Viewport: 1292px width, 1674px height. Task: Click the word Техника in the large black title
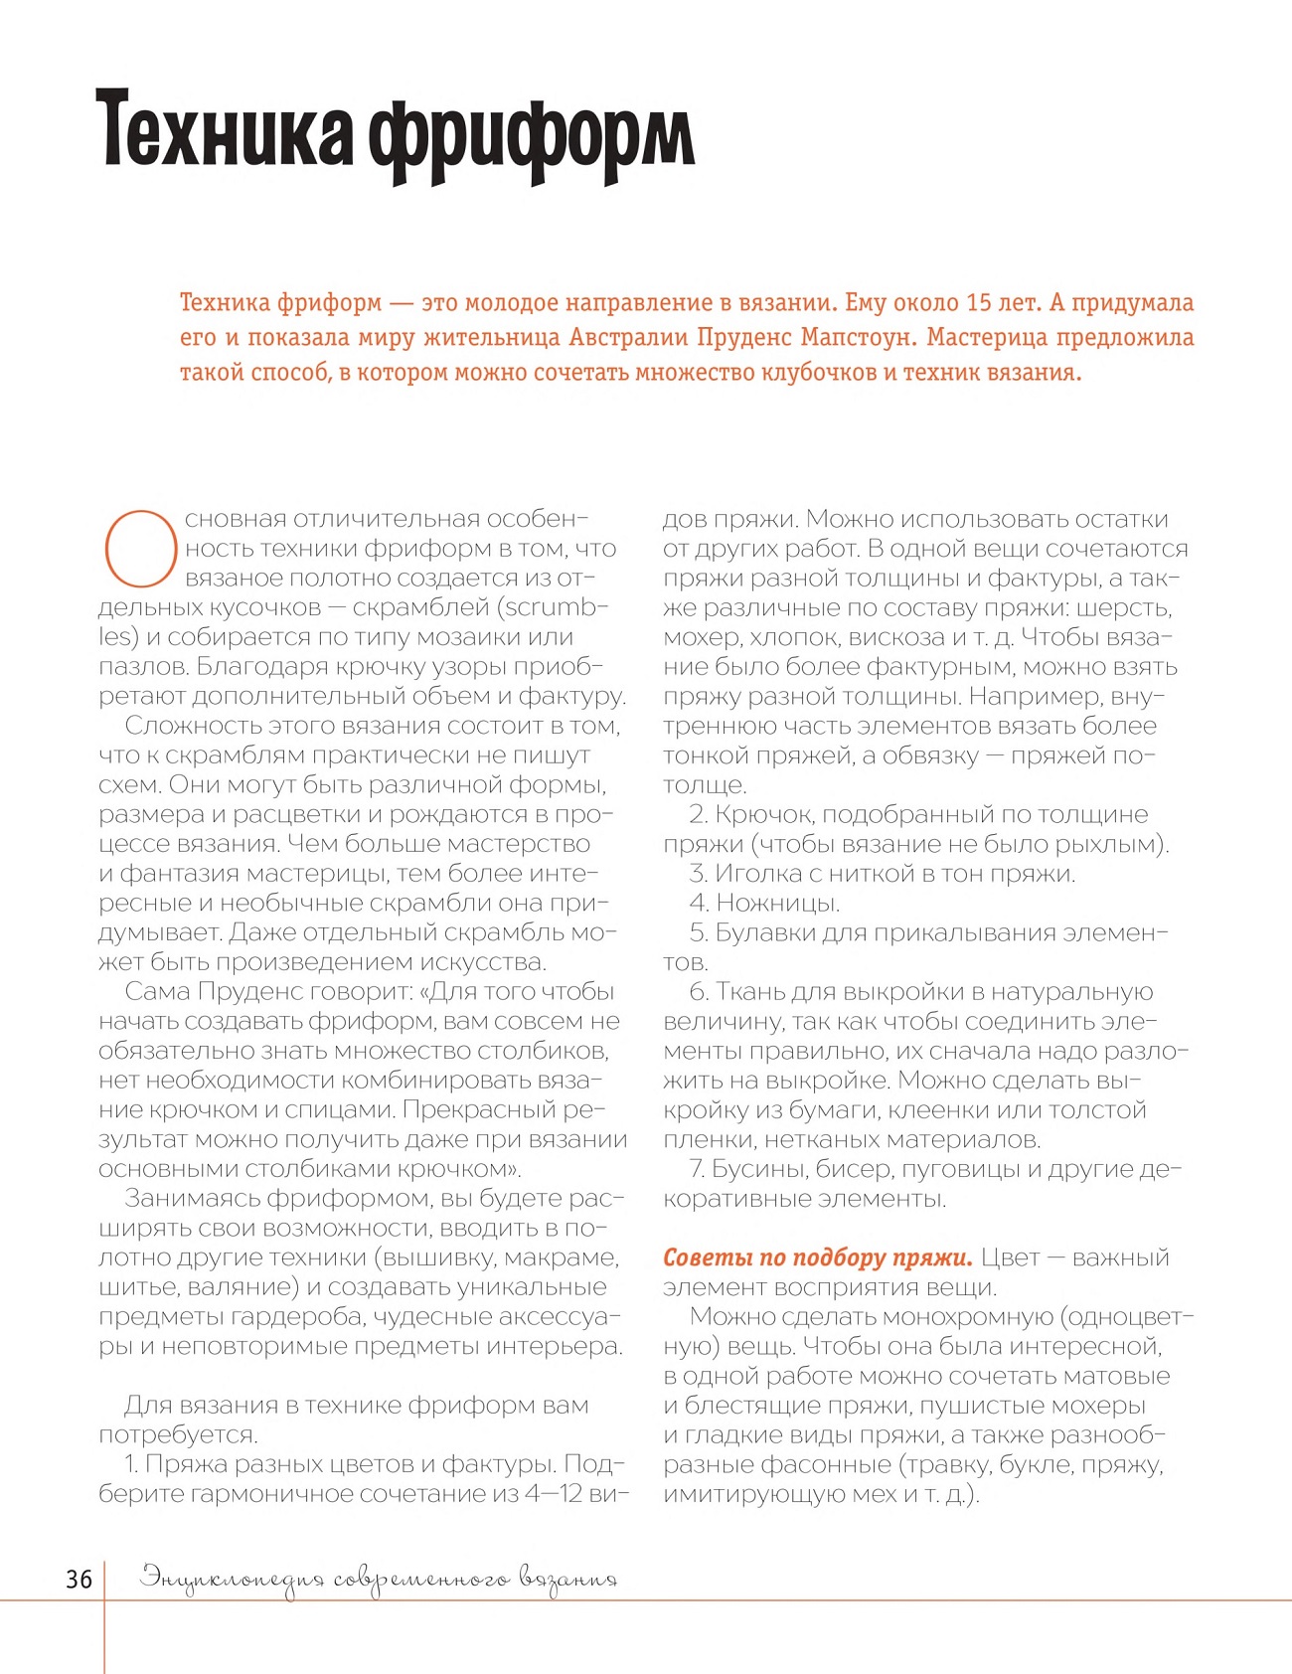pos(225,130)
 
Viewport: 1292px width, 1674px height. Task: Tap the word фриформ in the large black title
pos(531,135)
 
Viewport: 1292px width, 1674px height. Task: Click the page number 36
pos(79,1580)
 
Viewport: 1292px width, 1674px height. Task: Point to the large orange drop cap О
pos(141,548)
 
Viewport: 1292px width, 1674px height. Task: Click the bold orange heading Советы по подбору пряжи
pos(817,1257)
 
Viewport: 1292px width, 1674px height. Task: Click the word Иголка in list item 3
pos(758,874)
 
